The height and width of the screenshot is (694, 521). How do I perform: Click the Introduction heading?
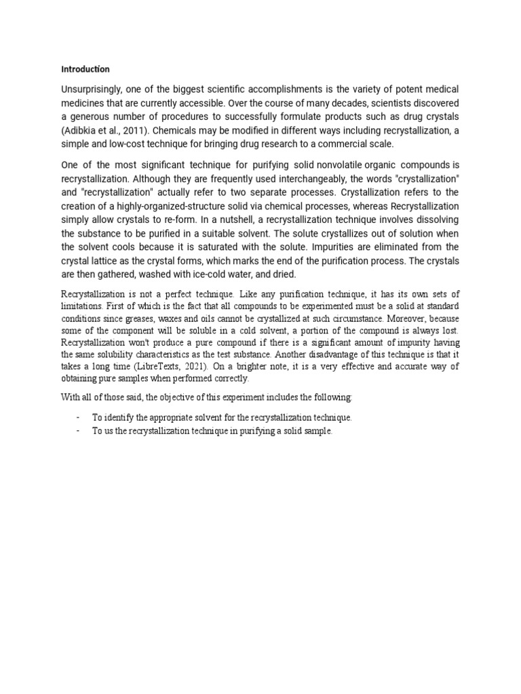click(x=85, y=69)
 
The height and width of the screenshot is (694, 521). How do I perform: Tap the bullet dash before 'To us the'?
click(x=79, y=431)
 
